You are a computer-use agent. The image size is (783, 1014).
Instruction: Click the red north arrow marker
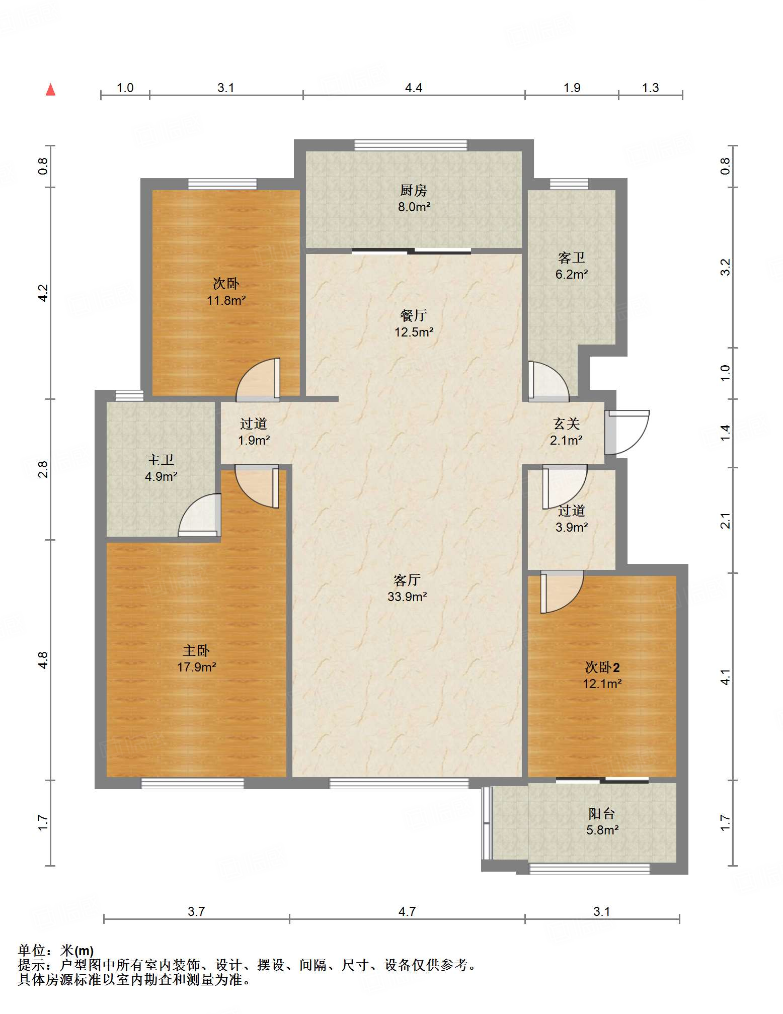50,90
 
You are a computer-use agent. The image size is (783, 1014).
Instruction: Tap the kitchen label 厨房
414,190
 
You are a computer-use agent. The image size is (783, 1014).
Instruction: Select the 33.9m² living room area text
407,597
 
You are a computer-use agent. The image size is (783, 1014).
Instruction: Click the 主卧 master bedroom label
196,650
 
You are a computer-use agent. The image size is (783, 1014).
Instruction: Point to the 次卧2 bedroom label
602,667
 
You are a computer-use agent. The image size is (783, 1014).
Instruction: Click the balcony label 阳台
602,813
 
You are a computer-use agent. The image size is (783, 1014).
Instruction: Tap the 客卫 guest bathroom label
572,258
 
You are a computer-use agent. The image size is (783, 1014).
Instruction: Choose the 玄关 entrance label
567,424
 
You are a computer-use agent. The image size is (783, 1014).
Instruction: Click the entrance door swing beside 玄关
627,433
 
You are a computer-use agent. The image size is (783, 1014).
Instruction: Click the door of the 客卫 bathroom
549,382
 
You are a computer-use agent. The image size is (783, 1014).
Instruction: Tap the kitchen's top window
411,145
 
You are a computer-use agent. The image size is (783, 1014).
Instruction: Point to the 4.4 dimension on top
414,88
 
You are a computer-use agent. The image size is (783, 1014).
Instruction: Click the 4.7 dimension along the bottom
407,911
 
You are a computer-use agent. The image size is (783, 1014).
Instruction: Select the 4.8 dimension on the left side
43,660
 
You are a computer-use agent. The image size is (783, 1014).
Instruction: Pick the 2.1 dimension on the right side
725,520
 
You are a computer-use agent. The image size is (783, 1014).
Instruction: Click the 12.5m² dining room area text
414,332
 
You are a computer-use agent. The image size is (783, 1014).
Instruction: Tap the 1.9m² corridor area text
254,440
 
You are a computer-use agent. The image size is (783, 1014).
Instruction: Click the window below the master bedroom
193,783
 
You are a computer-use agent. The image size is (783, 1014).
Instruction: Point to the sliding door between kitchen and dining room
412,251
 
